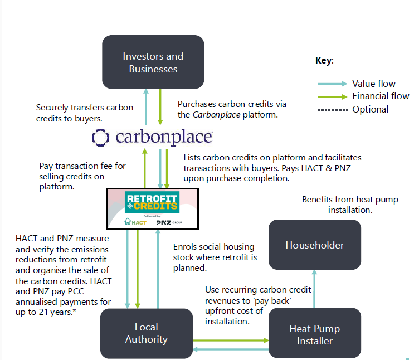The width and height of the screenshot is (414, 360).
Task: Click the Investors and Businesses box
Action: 153,62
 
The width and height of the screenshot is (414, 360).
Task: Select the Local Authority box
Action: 146,333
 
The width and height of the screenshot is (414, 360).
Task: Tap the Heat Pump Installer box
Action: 315,334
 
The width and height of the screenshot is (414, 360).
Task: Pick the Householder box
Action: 315,245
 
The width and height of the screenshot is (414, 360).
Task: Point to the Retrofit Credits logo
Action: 152,202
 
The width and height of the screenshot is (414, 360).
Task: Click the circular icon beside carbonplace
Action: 100,137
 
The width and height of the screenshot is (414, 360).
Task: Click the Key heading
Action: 324,60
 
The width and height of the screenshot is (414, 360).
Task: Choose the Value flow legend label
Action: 373,84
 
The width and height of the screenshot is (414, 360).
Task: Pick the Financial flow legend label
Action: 381,96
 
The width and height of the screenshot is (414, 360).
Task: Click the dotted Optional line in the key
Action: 332,109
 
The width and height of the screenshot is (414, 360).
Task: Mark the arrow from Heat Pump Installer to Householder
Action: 315,289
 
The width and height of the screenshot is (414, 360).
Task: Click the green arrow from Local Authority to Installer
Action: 231,339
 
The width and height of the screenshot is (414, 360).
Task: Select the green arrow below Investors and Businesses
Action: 160,105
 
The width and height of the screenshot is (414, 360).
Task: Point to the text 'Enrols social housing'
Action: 213,247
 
